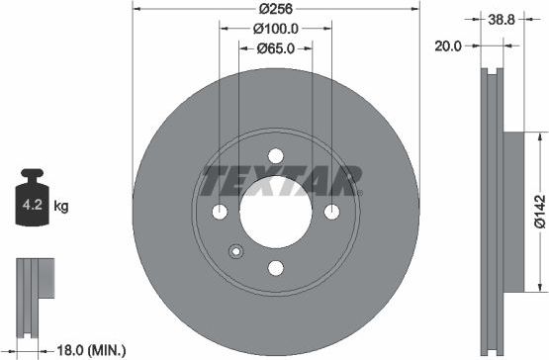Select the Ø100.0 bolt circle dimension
pyautogui.click(x=277, y=29)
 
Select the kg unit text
pyautogui.click(x=61, y=207)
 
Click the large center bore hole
pyautogui.click(x=276, y=212)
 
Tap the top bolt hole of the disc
pyautogui.click(x=276, y=156)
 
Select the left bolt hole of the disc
pyautogui.click(x=221, y=213)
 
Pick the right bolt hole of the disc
pyautogui.click(x=332, y=213)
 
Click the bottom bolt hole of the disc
pyautogui.click(x=276, y=268)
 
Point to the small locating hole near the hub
pyautogui.click(x=235, y=251)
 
